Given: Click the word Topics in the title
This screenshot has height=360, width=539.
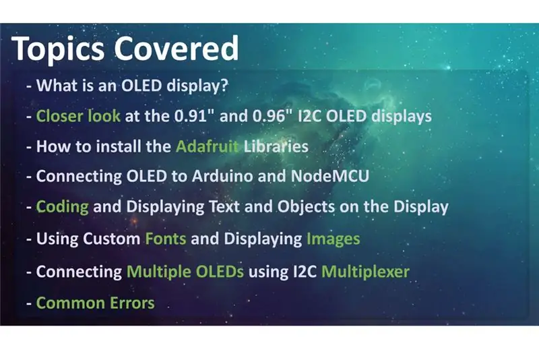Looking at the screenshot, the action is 58,49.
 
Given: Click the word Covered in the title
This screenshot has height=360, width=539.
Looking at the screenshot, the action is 176,48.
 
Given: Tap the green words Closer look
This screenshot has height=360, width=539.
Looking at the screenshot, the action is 78,116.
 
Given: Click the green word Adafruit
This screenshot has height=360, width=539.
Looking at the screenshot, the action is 207,146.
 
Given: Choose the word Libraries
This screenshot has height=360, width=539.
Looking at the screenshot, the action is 276,146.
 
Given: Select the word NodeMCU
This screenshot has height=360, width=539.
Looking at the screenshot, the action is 330,176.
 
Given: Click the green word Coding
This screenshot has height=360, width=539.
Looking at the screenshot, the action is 62,208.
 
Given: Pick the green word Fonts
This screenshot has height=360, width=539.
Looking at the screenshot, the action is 166,239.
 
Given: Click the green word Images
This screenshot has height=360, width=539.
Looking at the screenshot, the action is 333,239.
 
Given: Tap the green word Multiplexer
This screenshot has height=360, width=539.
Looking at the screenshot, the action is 365,272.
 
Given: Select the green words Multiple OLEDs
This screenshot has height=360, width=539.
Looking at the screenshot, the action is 185,272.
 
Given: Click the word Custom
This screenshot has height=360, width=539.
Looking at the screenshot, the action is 111,239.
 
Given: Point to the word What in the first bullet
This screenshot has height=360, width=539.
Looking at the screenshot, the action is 57,85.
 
